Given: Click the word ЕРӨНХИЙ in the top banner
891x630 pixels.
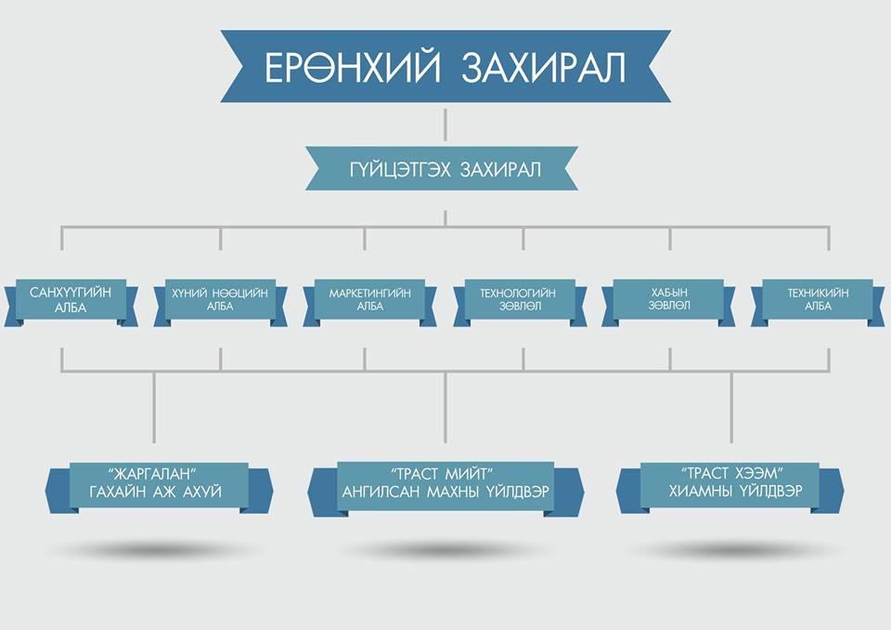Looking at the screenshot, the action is tap(353, 67).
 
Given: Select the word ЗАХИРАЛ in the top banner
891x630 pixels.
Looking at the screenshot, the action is tap(543, 67).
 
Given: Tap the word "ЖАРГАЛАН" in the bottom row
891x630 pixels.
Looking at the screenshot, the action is tap(155, 474).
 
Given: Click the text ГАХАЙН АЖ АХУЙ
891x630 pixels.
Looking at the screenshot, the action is tap(155, 492).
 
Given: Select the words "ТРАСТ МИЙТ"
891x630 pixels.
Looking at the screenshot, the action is tap(443, 474).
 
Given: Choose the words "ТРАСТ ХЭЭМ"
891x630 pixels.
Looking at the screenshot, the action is tap(732, 473).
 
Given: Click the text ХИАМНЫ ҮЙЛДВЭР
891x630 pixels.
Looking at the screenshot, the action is tap(735, 492).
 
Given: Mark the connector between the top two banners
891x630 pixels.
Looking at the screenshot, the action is tap(445, 125).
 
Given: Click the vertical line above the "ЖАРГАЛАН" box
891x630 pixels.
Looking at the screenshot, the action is tap(154, 407).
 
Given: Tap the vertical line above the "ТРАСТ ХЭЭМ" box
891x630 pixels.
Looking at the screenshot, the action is tap(731, 407).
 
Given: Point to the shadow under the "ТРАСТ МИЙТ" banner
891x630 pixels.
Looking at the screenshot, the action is tap(445, 550).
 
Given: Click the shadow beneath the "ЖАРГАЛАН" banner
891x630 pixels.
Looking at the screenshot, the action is tap(154, 550).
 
